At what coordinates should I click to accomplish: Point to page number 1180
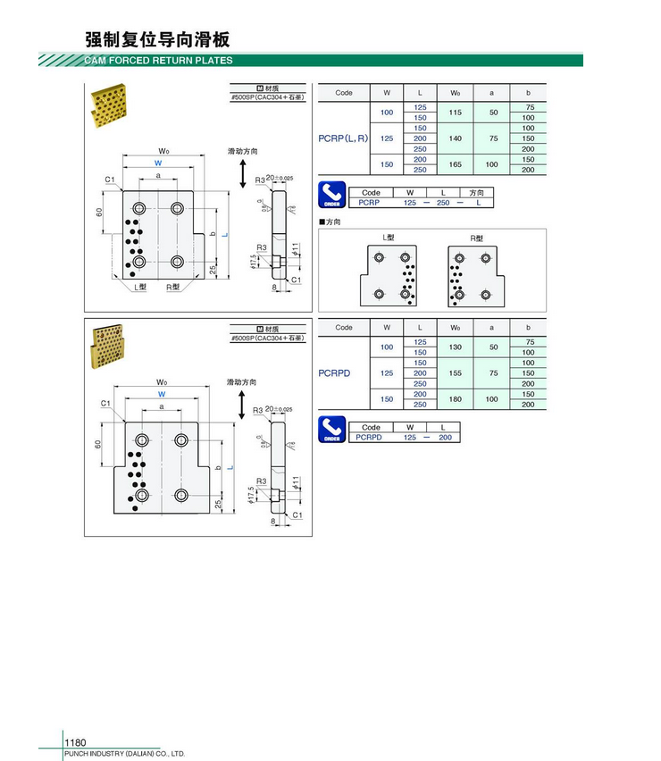(x=75, y=742)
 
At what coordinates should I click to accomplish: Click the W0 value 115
(x=455, y=113)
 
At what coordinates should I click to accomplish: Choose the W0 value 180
(x=455, y=399)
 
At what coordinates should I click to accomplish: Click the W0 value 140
(x=455, y=138)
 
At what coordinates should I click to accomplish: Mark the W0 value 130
(x=455, y=347)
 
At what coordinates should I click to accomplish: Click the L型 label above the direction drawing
(x=389, y=238)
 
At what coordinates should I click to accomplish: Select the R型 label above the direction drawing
(x=476, y=238)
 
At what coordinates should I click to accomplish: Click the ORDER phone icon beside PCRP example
(x=331, y=196)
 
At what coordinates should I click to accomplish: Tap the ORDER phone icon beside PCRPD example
(x=331, y=430)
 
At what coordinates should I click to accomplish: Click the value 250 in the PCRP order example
(x=443, y=203)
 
